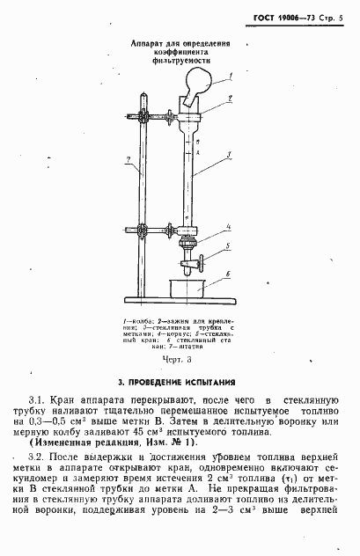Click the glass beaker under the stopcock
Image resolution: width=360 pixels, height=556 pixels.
coord(187,286)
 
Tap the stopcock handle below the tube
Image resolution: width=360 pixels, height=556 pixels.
coord(202,261)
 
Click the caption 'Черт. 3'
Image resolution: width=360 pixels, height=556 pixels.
coord(179,361)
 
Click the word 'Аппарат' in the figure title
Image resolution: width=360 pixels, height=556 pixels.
coord(149,41)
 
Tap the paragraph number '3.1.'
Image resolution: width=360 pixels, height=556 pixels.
coord(37,400)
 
